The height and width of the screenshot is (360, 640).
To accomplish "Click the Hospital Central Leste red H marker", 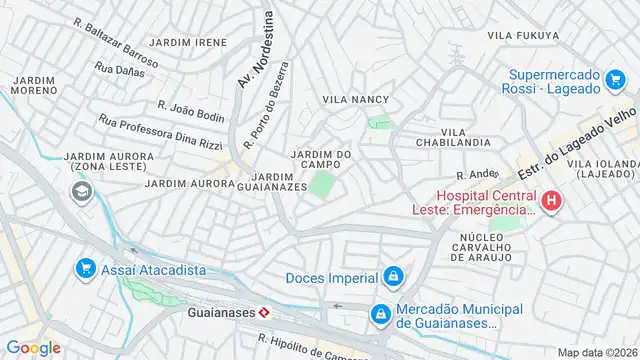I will pos(551,202).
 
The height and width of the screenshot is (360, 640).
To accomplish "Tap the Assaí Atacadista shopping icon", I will pos(85,269).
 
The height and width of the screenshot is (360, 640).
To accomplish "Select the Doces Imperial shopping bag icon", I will pos(394,277).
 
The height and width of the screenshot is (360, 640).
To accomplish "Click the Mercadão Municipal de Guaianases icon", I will pos(380,314).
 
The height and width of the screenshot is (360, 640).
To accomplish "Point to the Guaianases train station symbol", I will pos(263,312).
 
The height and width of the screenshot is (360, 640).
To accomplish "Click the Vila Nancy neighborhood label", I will pos(355,99).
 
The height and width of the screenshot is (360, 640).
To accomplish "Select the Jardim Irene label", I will pos(188,43).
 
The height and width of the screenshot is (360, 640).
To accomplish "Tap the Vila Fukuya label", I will pos(522,35).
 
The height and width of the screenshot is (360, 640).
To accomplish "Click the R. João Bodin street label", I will pos(191,110).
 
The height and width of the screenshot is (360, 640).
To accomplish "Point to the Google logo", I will pos(33,347).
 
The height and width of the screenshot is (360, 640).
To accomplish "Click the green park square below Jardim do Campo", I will pos(321,185).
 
